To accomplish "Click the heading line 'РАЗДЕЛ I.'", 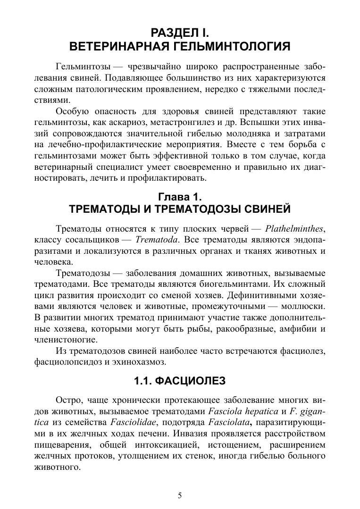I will click(179, 33).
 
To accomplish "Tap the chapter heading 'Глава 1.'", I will click(179, 196).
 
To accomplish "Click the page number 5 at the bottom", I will click(180, 495).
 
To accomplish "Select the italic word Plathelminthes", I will click(294, 229).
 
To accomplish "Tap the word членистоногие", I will click(67, 339).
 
